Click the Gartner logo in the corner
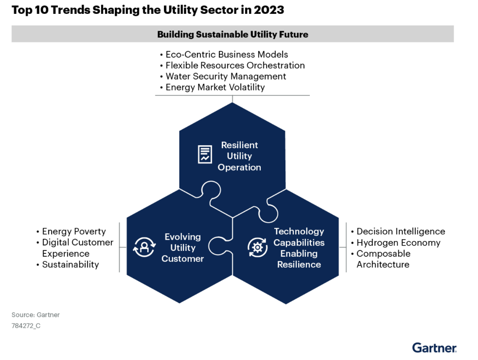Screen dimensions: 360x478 click(x=434, y=347)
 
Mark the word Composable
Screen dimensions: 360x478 click(x=383, y=253)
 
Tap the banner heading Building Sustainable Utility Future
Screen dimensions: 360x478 click(x=233, y=34)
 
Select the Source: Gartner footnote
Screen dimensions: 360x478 click(x=36, y=315)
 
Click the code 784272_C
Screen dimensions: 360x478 click(x=26, y=326)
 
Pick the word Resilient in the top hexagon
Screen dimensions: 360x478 click(x=239, y=145)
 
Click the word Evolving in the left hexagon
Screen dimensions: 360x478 click(x=182, y=237)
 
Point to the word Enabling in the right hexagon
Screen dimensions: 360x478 click(x=299, y=253)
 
